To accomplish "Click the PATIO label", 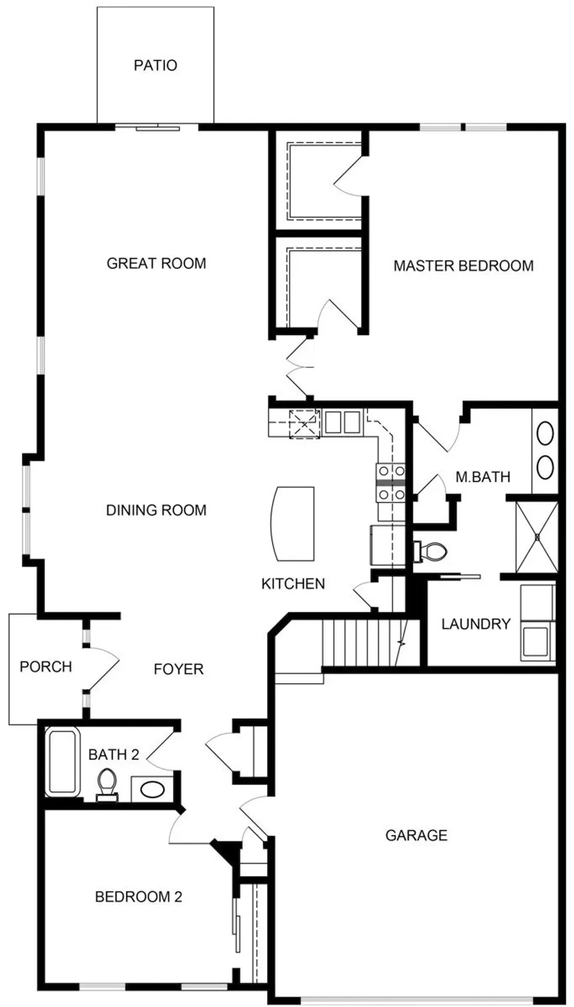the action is tap(156, 65).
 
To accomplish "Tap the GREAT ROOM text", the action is tap(156, 263).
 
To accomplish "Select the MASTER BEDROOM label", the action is tap(463, 266).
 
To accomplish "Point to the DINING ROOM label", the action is tap(156, 511).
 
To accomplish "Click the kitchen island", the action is tap(292, 523).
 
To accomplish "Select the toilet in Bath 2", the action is tap(107, 785).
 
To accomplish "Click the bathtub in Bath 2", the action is tap(63, 762).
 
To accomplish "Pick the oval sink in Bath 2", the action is tap(152, 789).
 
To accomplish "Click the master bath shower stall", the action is tap(537, 537).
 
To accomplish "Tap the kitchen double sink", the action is tap(342, 422).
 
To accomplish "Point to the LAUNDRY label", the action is tap(476, 624).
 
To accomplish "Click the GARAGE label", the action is tap(416, 835).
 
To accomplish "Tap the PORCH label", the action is tap(46, 667).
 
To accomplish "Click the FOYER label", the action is tap(178, 669).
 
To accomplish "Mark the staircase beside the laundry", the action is tap(371, 643).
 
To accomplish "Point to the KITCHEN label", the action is tap(293, 584).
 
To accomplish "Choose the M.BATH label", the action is tap(483, 476).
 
